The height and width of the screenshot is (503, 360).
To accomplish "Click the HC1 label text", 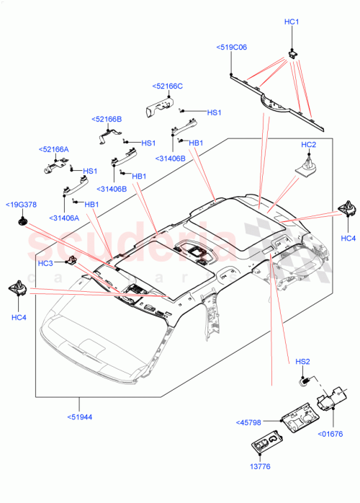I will point(292,22).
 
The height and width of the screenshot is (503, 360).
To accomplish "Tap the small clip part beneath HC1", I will point(292,51).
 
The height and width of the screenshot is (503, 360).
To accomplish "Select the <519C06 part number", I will point(231,47).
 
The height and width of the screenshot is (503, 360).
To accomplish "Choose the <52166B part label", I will point(107,119).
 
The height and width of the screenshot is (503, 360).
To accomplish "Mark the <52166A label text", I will point(53,149).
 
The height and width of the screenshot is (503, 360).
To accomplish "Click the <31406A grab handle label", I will point(65,218).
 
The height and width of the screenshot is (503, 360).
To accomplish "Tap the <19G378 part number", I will point(21,205).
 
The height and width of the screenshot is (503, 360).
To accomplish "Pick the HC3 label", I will point(46,263).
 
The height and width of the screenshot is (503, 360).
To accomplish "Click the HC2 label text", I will point(308,145).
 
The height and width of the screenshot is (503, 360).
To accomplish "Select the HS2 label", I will point(302,361).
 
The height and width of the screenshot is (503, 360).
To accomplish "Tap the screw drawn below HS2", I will point(305,380).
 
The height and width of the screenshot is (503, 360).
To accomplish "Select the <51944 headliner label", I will point(80,416).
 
